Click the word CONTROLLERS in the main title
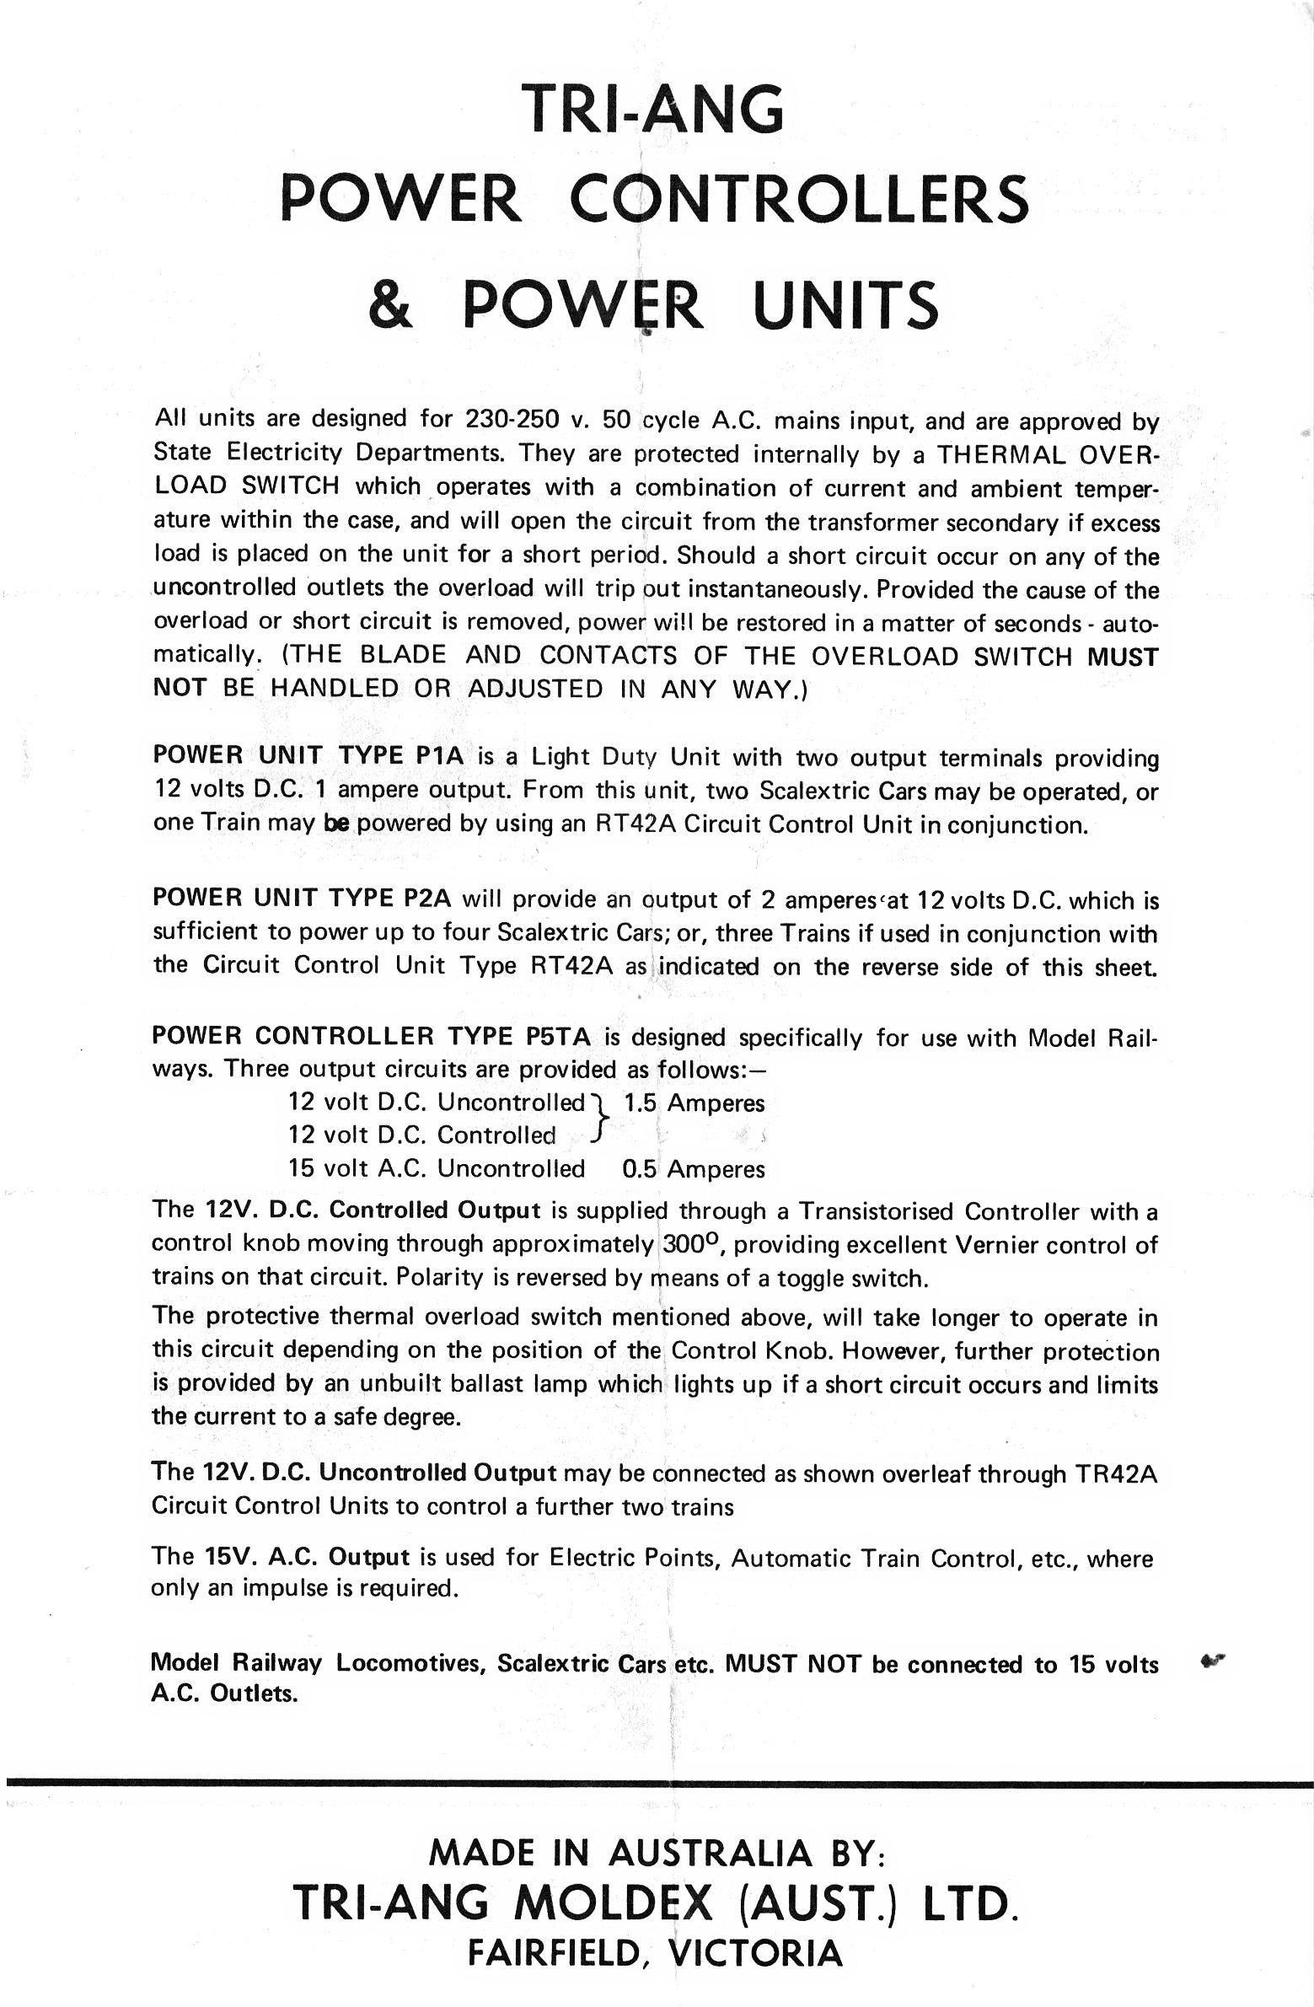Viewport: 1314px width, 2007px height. pyautogui.click(x=799, y=199)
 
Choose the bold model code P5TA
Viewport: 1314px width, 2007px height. pyautogui.click(x=556, y=1036)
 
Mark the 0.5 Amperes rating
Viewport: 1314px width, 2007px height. pyautogui.click(x=694, y=1169)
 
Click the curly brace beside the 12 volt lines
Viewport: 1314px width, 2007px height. pyautogui.click(x=599, y=1119)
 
